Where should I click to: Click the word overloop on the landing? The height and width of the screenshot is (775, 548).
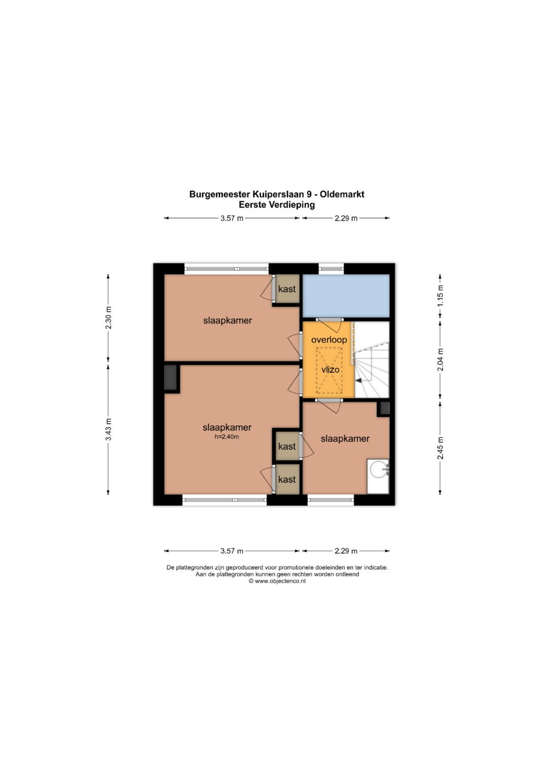(329, 340)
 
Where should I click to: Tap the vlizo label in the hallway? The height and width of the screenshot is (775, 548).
(330, 369)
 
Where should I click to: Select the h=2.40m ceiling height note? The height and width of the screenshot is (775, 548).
(227, 436)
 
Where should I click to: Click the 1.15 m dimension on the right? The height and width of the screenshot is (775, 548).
(440, 296)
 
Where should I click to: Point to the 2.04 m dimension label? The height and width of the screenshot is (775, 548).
(440, 360)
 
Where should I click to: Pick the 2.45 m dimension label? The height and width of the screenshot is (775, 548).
(440, 448)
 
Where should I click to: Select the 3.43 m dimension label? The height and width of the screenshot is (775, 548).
(108, 429)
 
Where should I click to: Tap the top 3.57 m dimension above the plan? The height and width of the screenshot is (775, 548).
(232, 218)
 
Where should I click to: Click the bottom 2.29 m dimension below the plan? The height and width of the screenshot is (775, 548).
(346, 551)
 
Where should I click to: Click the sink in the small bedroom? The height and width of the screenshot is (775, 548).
(378, 476)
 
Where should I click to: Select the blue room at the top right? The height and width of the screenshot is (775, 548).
(346, 296)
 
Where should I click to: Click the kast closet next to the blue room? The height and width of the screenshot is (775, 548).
(287, 289)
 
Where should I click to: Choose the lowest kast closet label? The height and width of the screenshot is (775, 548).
(287, 479)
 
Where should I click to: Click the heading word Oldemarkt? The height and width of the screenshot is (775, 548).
(342, 194)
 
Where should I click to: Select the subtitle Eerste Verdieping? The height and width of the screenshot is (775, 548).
(277, 205)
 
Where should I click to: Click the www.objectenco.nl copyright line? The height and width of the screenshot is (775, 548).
(277, 581)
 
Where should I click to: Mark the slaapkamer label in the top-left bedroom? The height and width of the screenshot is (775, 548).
(228, 321)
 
